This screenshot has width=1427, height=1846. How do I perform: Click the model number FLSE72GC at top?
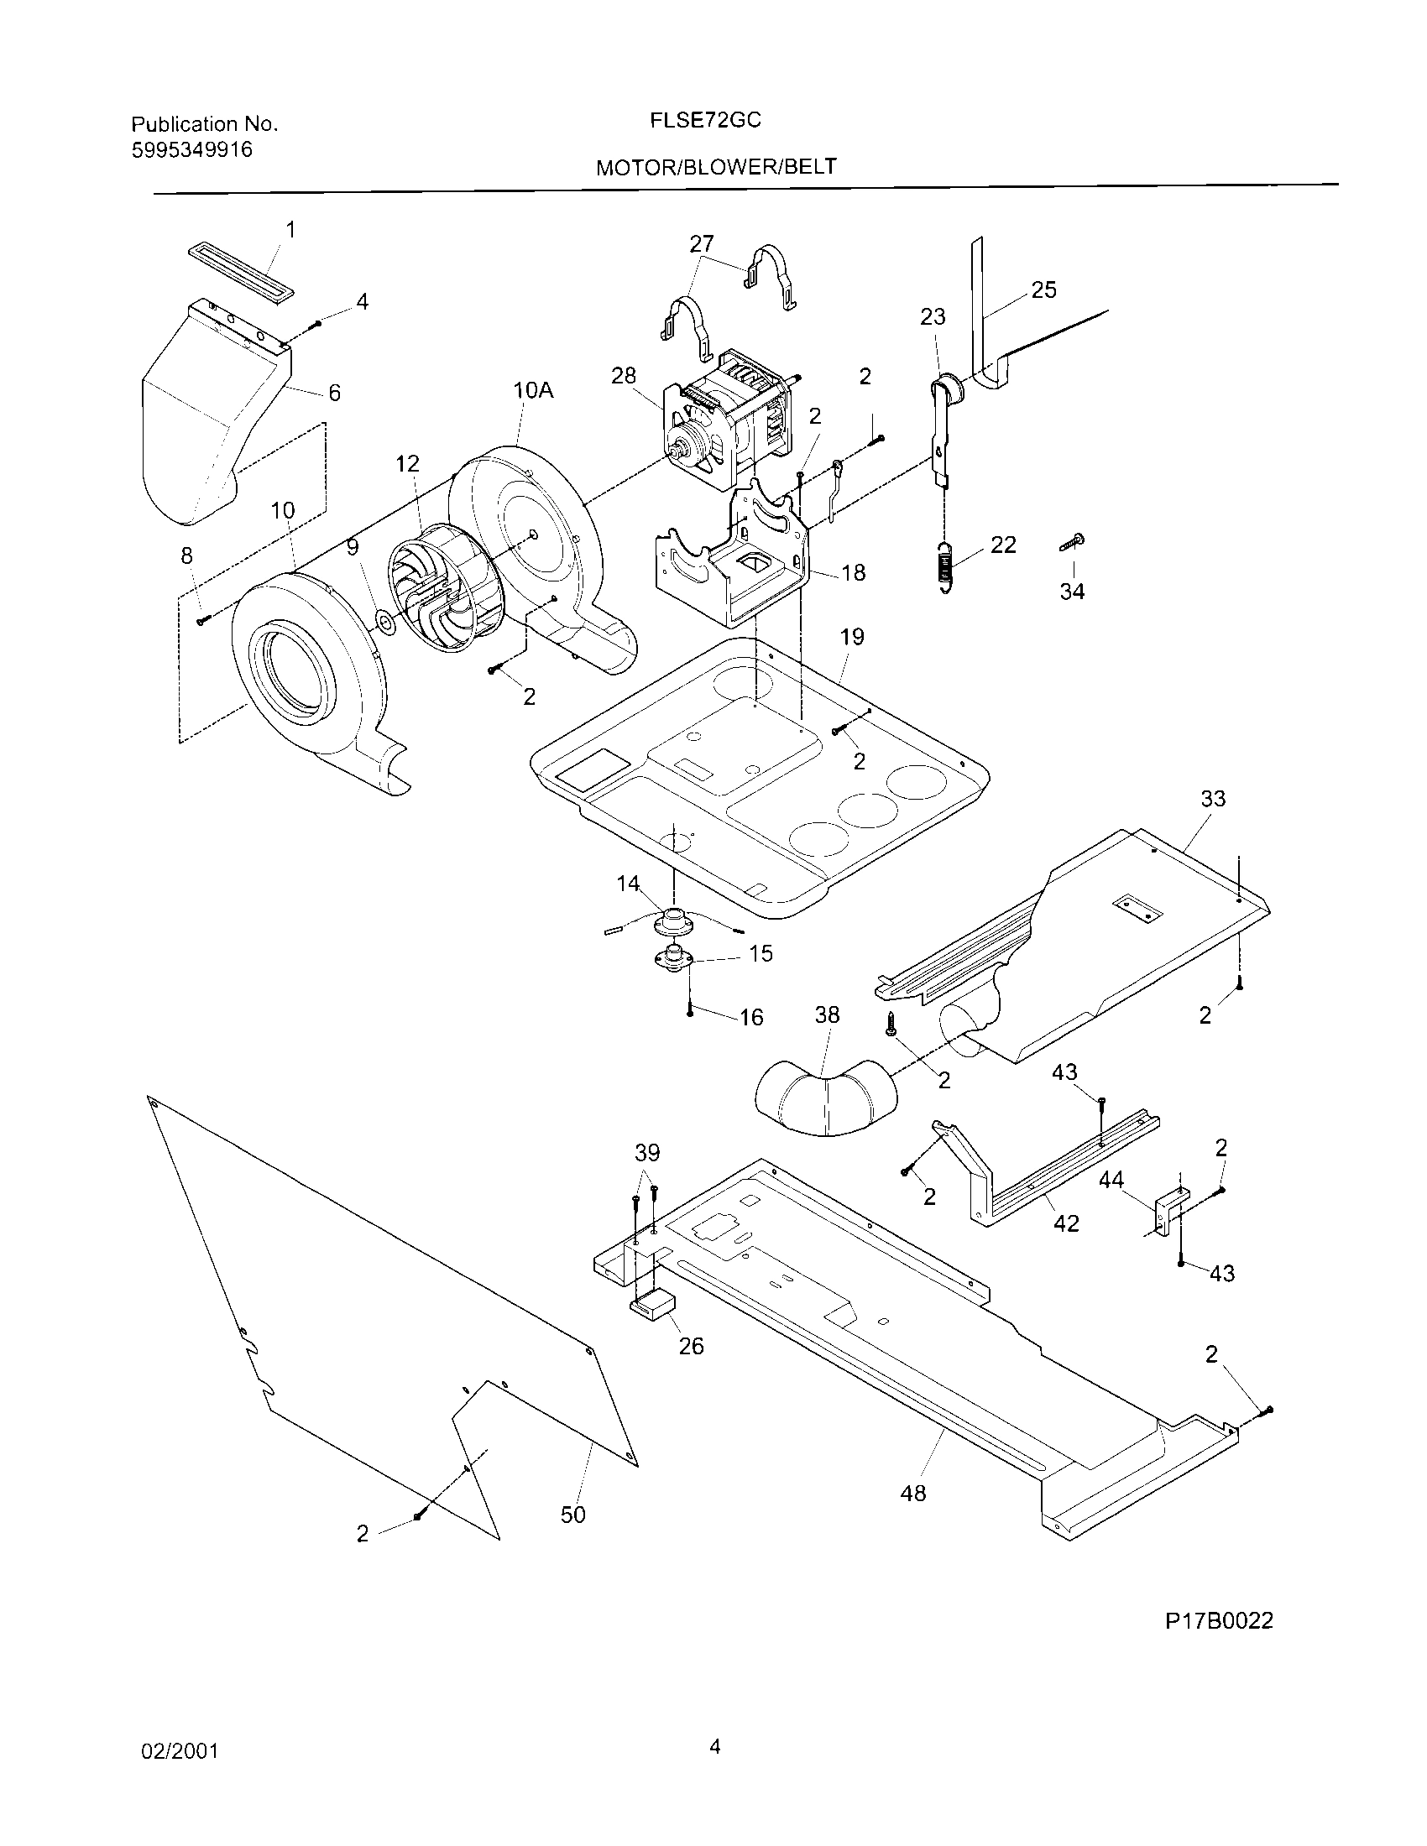(705, 121)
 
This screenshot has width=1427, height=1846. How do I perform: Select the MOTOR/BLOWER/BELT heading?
(716, 167)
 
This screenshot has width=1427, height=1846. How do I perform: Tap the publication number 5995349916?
(191, 150)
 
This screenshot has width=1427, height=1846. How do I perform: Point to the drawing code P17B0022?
(1219, 1620)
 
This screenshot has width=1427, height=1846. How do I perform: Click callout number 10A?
(532, 390)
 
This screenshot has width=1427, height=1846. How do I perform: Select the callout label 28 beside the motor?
(624, 376)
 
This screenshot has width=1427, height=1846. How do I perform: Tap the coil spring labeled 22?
(946, 567)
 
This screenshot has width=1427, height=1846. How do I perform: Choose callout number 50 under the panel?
(573, 1515)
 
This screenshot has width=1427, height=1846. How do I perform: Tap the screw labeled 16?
(691, 1012)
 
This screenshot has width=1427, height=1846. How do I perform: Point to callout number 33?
(1212, 799)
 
